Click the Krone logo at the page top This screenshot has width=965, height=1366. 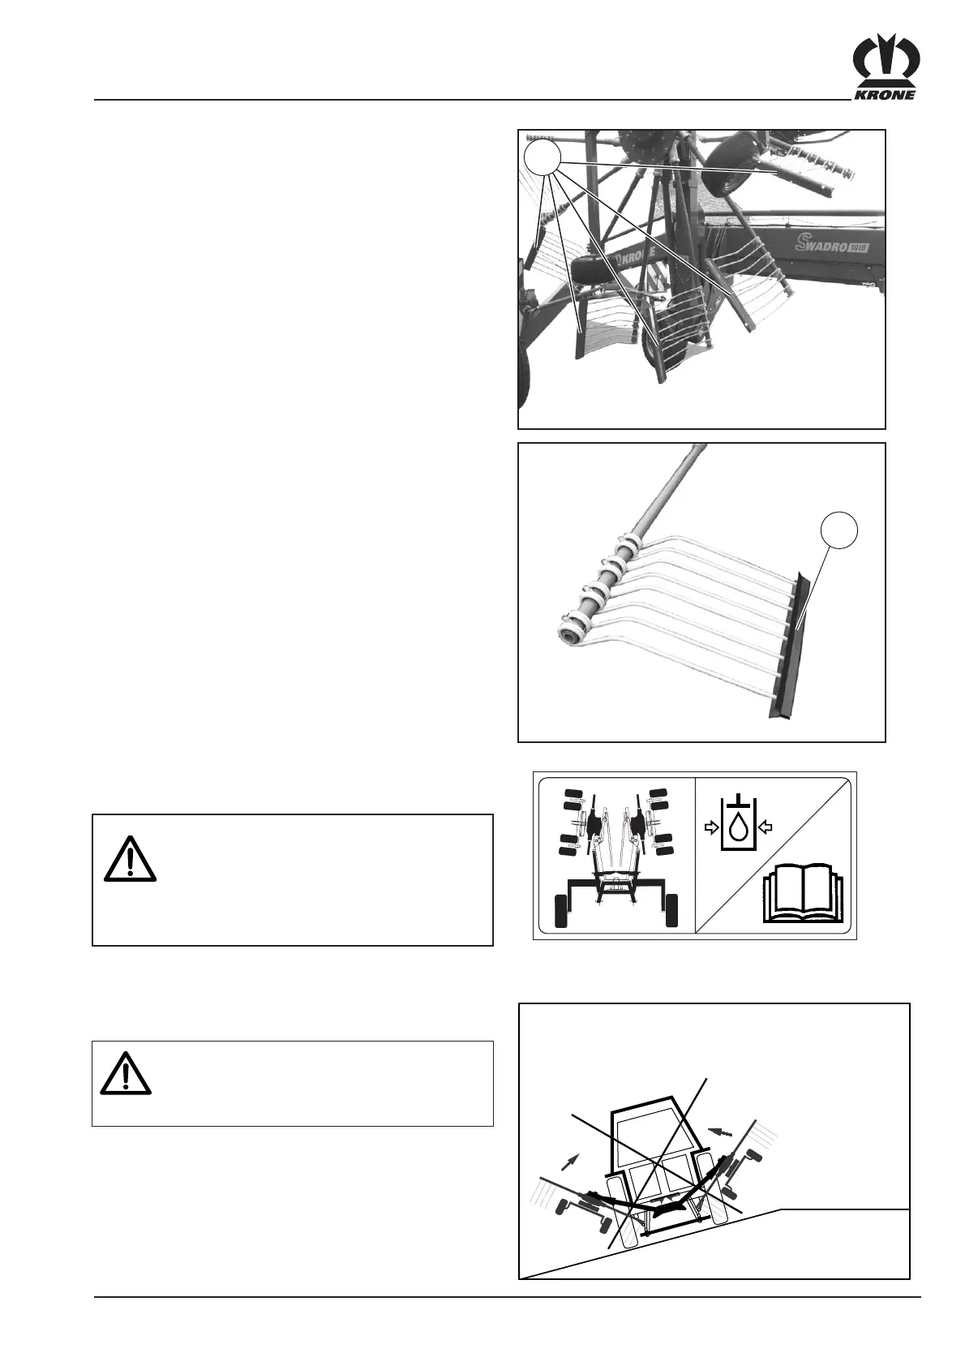tap(885, 71)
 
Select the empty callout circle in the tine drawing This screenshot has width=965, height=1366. tap(839, 531)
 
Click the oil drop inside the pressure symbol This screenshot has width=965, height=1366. tap(737, 828)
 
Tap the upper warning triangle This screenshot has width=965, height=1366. tap(130, 859)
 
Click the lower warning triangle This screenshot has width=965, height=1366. tap(126, 1073)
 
